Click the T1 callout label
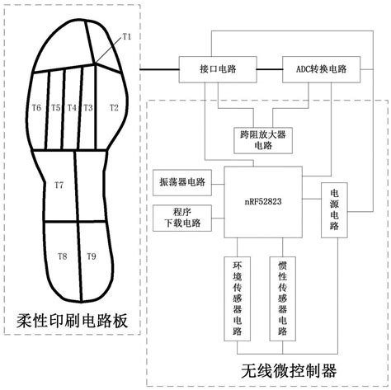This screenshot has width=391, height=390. coord(127,36)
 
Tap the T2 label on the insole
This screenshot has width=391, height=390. coord(114,107)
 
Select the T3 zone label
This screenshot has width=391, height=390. coord(88,108)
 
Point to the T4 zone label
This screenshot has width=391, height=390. coord(72,108)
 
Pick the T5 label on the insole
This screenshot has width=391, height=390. coord(56,108)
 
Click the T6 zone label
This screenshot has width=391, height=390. coord(36,107)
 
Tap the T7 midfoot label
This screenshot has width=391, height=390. coord(59,186)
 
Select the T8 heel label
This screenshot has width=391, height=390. coord(63,256)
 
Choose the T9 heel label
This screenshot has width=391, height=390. coord(92,256)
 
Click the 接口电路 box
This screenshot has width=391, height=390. coord(218,69)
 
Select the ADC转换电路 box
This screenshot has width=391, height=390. coord(322,69)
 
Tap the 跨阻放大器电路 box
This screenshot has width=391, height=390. coord(263,140)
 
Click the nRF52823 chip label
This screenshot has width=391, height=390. coord(263,202)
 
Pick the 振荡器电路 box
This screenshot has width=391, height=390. coord(182,182)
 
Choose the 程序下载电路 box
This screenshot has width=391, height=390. coord(182,218)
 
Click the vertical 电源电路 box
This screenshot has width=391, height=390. coord(334,210)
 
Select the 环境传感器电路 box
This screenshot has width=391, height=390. coord(238,298)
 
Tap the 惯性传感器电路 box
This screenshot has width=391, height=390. coord(283,298)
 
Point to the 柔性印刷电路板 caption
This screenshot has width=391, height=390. coord(72,321)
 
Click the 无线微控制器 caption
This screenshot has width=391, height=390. coord(289,371)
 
